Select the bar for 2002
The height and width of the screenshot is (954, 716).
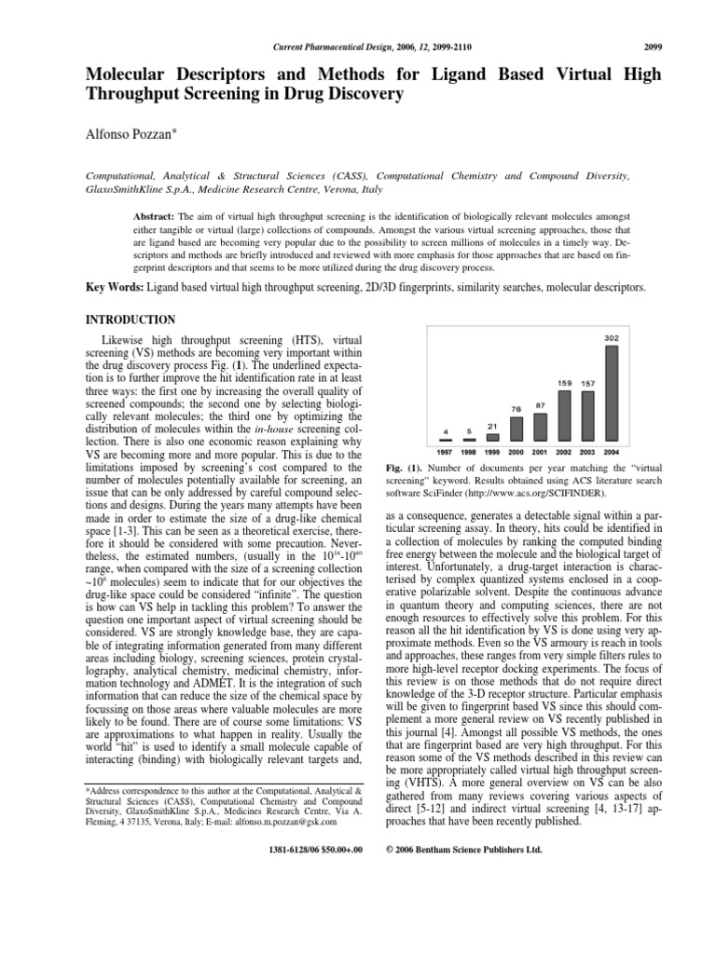[x=565, y=415]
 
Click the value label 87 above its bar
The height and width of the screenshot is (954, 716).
[x=541, y=405]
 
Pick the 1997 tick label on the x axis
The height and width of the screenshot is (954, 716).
[x=447, y=451]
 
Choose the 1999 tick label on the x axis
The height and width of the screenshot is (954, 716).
[x=493, y=451]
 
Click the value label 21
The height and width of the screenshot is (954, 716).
[x=493, y=427]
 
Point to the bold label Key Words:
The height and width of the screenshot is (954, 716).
[x=115, y=289]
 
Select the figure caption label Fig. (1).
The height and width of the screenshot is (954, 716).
[x=403, y=467]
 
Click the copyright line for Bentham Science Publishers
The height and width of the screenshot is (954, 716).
[x=463, y=876]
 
